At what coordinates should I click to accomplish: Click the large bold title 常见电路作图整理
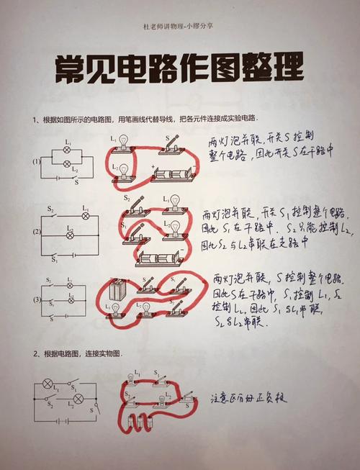coord(179,69)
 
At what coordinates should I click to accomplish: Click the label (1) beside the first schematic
coord(36,161)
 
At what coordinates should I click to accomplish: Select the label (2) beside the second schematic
coord(36,232)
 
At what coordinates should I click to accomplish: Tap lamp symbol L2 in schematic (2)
coord(70,235)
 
